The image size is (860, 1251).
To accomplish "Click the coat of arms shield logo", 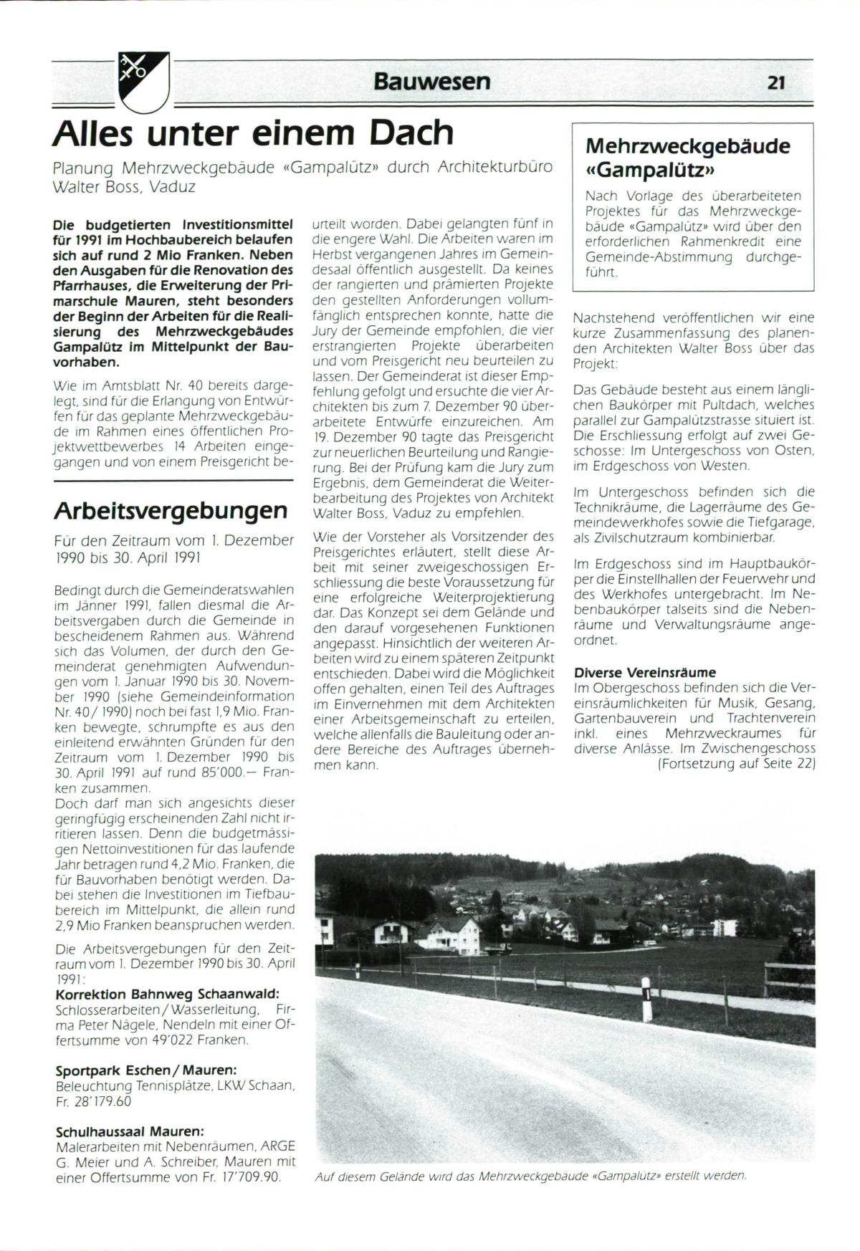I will [x=143, y=81].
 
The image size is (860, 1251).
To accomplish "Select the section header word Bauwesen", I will [x=431, y=82].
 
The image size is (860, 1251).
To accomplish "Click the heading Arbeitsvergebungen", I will [x=171, y=511].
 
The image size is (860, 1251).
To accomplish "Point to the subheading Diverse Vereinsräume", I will [x=645, y=673].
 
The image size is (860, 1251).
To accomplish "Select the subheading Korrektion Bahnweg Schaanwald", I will [x=167, y=994].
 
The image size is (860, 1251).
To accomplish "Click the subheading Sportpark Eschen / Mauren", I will [x=146, y=1070].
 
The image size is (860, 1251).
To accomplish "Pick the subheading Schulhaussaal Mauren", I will [x=130, y=1131].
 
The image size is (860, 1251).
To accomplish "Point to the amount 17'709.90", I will [x=244, y=1177].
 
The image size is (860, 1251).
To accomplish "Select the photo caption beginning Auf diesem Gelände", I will [x=530, y=1176].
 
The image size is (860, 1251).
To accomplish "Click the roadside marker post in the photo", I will [x=646, y=998].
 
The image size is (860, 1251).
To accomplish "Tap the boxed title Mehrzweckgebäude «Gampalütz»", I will [x=687, y=158].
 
